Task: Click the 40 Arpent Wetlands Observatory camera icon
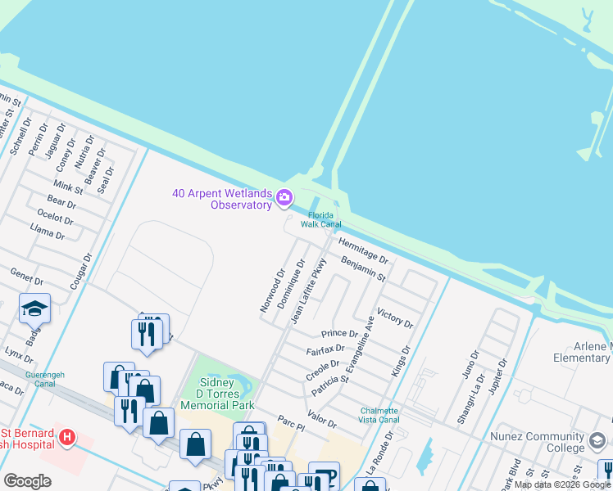point(284,196)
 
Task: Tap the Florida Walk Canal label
point(320,219)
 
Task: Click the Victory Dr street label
point(394,318)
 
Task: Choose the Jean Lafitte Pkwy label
point(309,291)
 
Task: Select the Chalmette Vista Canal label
point(379,415)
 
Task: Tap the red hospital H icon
point(68,439)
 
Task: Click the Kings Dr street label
point(400,360)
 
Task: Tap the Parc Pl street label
point(291,422)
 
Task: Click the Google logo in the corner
point(27,481)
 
